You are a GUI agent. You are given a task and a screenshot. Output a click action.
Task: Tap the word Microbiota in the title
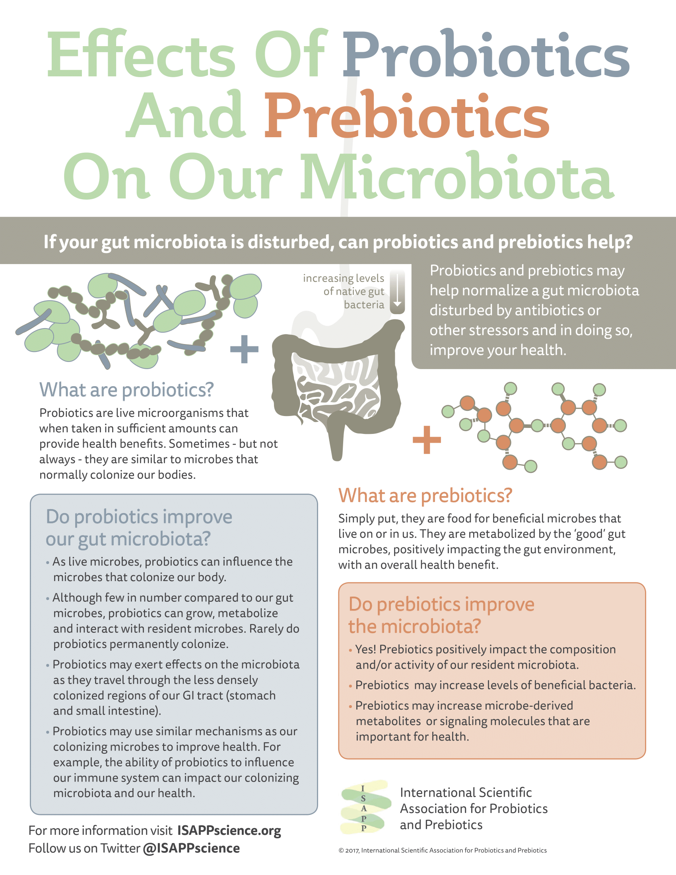(456, 177)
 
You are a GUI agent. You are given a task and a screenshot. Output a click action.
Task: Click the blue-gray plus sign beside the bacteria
(244, 349)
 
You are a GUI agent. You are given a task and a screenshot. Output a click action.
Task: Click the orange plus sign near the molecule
(427, 439)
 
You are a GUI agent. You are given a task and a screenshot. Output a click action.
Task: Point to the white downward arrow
(397, 292)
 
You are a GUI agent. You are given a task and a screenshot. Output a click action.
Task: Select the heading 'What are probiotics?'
(126, 390)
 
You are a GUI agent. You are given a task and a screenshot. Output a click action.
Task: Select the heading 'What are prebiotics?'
(425, 496)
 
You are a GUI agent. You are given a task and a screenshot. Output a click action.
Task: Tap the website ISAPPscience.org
(229, 830)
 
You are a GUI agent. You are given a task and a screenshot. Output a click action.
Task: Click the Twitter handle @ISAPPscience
(191, 848)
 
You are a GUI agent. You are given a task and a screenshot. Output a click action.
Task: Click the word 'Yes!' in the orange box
(365, 649)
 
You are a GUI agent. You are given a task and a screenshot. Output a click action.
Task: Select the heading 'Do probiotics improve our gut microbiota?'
(138, 528)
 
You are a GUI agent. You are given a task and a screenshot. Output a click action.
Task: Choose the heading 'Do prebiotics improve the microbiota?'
(441, 615)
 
